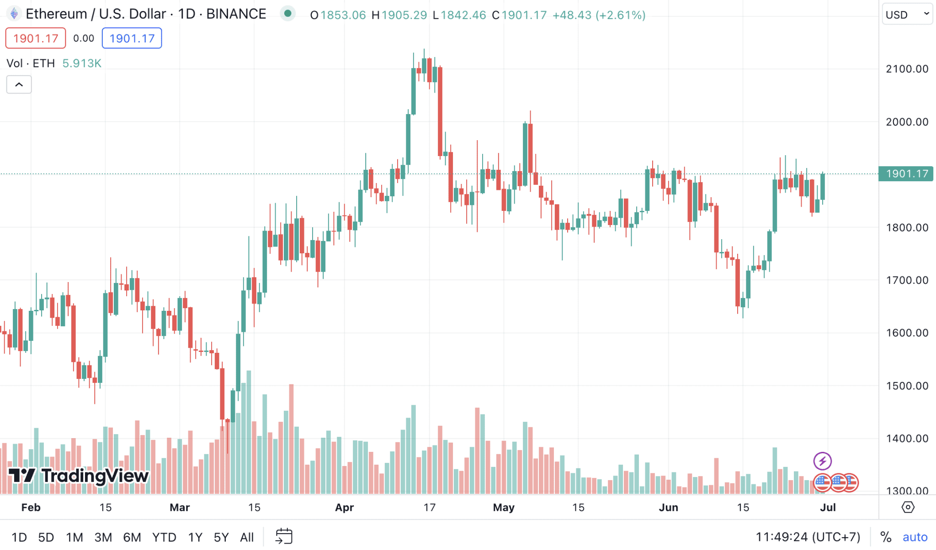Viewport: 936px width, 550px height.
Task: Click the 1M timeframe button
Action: [x=74, y=537]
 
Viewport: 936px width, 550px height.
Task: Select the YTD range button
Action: [x=164, y=537]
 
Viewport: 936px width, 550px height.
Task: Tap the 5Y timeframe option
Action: [x=221, y=537]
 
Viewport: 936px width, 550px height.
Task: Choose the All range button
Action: [x=247, y=537]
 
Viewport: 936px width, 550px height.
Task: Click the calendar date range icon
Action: [x=284, y=536]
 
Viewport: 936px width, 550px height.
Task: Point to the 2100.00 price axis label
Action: [x=907, y=69]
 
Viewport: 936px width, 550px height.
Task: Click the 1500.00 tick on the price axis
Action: [x=907, y=386]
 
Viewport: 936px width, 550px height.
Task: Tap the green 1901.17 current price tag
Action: [x=906, y=174]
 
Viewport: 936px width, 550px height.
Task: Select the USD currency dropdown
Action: [x=907, y=15]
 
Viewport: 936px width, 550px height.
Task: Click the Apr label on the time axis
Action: [x=344, y=508]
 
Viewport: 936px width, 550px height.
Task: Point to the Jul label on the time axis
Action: [x=828, y=508]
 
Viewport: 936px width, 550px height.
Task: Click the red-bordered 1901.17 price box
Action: [x=36, y=38]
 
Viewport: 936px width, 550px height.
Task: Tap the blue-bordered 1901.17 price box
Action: [x=132, y=38]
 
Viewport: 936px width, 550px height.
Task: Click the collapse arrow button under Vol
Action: [x=19, y=84]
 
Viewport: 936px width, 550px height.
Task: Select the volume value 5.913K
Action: [x=82, y=63]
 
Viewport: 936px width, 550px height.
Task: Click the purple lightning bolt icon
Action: [x=822, y=461]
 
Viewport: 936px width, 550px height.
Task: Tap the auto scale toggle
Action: [x=915, y=537]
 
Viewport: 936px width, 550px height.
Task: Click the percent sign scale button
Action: [x=886, y=537]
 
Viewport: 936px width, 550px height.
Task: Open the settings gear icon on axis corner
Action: [x=908, y=507]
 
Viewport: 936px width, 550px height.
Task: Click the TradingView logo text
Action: [x=95, y=476]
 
